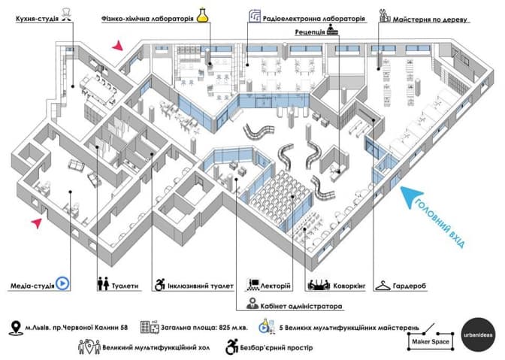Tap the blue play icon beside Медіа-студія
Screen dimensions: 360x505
[x=64, y=284]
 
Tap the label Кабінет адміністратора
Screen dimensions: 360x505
[x=301, y=306]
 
